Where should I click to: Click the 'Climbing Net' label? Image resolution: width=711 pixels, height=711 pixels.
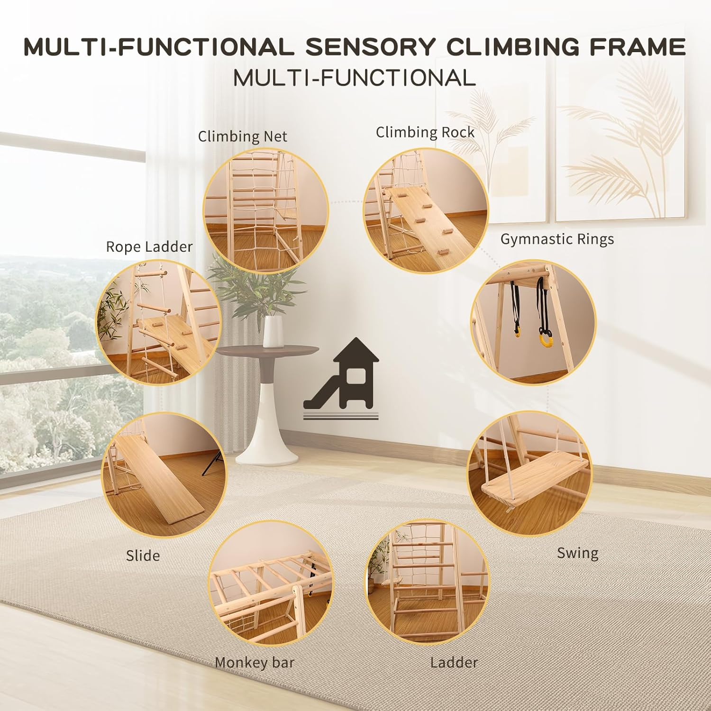click(242, 137)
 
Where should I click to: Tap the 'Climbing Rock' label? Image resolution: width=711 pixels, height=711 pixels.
click(425, 132)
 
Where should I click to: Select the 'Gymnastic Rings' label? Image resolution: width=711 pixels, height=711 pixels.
click(557, 239)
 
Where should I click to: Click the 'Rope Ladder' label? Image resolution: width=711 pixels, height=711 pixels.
click(149, 246)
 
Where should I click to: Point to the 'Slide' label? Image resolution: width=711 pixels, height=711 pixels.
click(143, 555)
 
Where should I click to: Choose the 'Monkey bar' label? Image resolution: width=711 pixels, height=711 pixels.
click(255, 662)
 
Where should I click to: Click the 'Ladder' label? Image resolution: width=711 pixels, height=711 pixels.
click(454, 662)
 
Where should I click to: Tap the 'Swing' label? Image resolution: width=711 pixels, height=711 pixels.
click(577, 553)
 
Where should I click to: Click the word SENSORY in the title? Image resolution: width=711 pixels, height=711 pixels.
click(370, 47)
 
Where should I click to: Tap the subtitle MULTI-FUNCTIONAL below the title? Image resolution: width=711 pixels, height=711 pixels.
click(355, 78)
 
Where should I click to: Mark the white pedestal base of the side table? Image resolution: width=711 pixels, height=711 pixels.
click(268, 427)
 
